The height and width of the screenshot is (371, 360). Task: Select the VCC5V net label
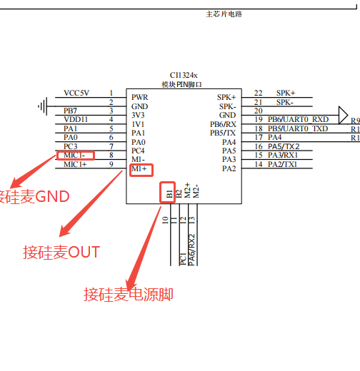pyautogui.click(x=76, y=93)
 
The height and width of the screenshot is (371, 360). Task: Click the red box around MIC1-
pyautogui.click(x=75, y=155)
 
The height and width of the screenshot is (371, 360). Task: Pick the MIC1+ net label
pyautogui.click(x=75, y=164)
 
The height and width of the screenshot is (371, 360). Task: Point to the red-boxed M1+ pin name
pyautogui.click(x=141, y=169)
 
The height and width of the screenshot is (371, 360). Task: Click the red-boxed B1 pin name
pyautogui.click(x=169, y=191)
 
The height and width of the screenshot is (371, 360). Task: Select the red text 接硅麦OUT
pyautogui.click(x=61, y=252)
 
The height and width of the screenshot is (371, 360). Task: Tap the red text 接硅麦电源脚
pyautogui.click(x=128, y=294)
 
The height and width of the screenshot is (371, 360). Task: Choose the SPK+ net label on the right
pyautogui.click(x=286, y=93)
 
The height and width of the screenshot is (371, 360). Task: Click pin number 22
pyautogui.click(x=258, y=93)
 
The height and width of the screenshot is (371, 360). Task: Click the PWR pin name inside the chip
pyautogui.click(x=139, y=96)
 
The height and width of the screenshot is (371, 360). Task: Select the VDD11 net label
pyautogui.click(x=76, y=119)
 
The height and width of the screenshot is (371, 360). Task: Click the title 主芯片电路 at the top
pyautogui.click(x=224, y=14)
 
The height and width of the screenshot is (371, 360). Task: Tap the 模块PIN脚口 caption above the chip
pyautogui.click(x=183, y=84)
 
